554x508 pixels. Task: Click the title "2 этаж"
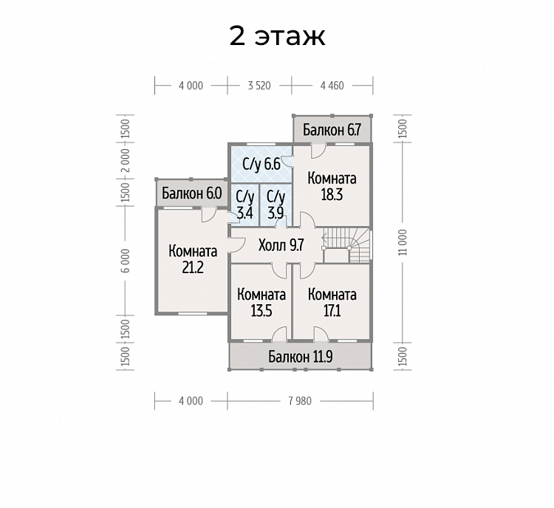coord(277,36)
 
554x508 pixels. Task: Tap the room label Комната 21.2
coord(193,260)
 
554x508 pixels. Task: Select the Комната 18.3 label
coord(332,187)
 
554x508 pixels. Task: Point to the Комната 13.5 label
coord(261,303)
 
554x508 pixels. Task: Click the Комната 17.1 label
coord(332,303)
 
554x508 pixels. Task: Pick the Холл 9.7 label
coord(281,245)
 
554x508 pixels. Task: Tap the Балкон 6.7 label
coord(332,130)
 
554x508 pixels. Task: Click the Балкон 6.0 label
coord(192,193)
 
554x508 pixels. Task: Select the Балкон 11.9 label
coord(301,357)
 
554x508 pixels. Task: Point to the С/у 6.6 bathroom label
coord(261,164)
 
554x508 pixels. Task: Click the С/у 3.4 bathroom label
coord(244,205)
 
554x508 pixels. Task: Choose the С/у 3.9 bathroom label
coord(276,205)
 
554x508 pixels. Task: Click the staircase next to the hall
coord(347,245)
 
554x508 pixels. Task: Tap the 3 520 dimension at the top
coord(259,86)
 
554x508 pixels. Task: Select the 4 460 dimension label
coord(332,86)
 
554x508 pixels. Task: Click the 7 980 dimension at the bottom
coord(300,401)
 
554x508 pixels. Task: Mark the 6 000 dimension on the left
coord(126,261)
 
